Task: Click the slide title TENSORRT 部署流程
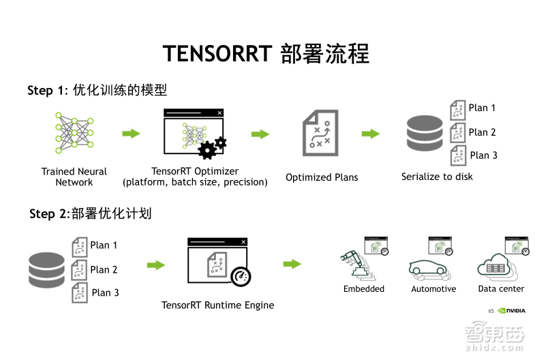pyautogui.click(x=266, y=53)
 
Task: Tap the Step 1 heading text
pyautogui.click(x=97, y=91)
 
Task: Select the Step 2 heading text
pyautogui.click(x=90, y=214)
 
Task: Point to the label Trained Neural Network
pyautogui.click(x=74, y=177)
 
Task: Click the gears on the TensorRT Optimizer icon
pyautogui.click(x=211, y=147)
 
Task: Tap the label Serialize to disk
pyautogui.click(x=437, y=177)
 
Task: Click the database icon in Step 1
pyautogui.click(x=424, y=134)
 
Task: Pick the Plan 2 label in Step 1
pyautogui.click(x=482, y=132)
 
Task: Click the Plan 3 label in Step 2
pyautogui.click(x=105, y=292)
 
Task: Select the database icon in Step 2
pyautogui.click(x=46, y=269)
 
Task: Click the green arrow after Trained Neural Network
pyautogui.click(x=131, y=134)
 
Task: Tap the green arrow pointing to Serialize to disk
pyautogui.click(x=370, y=134)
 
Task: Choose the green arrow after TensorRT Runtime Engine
pyautogui.click(x=292, y=264)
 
